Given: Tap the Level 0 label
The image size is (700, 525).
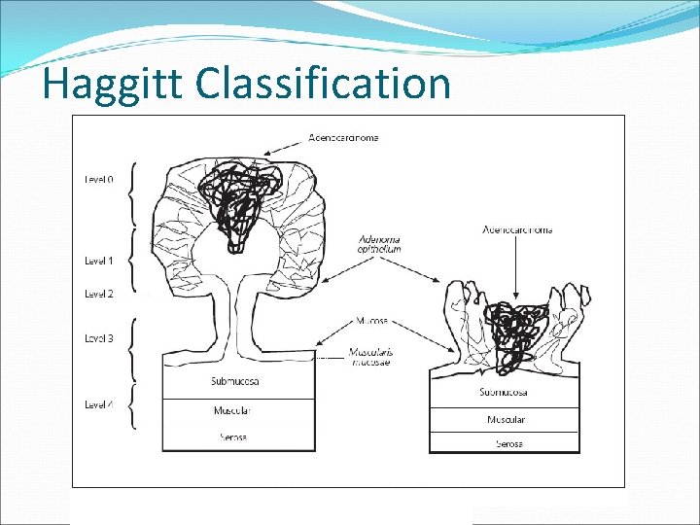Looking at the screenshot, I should (x=98, y=179).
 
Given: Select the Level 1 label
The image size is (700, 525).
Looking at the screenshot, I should (x=98, y=261).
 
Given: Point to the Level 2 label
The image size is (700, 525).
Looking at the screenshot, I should (x=98, y=294).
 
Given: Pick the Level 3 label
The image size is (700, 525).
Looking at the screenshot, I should (x=98, y=338).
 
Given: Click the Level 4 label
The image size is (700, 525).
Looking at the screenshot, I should (x=98, y=404).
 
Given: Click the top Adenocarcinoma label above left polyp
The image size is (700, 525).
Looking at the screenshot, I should (x=343, y=138).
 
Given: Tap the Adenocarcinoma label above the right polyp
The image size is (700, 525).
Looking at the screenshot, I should (x=517, y=230).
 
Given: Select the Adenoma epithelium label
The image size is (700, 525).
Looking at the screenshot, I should (x=379, y=244).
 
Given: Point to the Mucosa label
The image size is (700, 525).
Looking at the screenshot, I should (x=371, y=320).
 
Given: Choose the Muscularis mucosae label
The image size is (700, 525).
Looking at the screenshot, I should (x=373, y=356).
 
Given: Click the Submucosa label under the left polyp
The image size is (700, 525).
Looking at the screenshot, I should (x=235, y=381).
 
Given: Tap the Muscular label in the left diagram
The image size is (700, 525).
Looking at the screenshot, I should (x=232, y=411).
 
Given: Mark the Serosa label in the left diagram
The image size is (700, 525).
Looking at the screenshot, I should (x=231, y=437).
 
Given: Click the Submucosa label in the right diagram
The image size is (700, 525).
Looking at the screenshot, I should (x=504, y=393).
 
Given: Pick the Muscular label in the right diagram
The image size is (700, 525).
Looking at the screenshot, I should (x=506, y=420).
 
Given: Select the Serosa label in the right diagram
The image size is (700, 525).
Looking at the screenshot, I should (x=508, y=443).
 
